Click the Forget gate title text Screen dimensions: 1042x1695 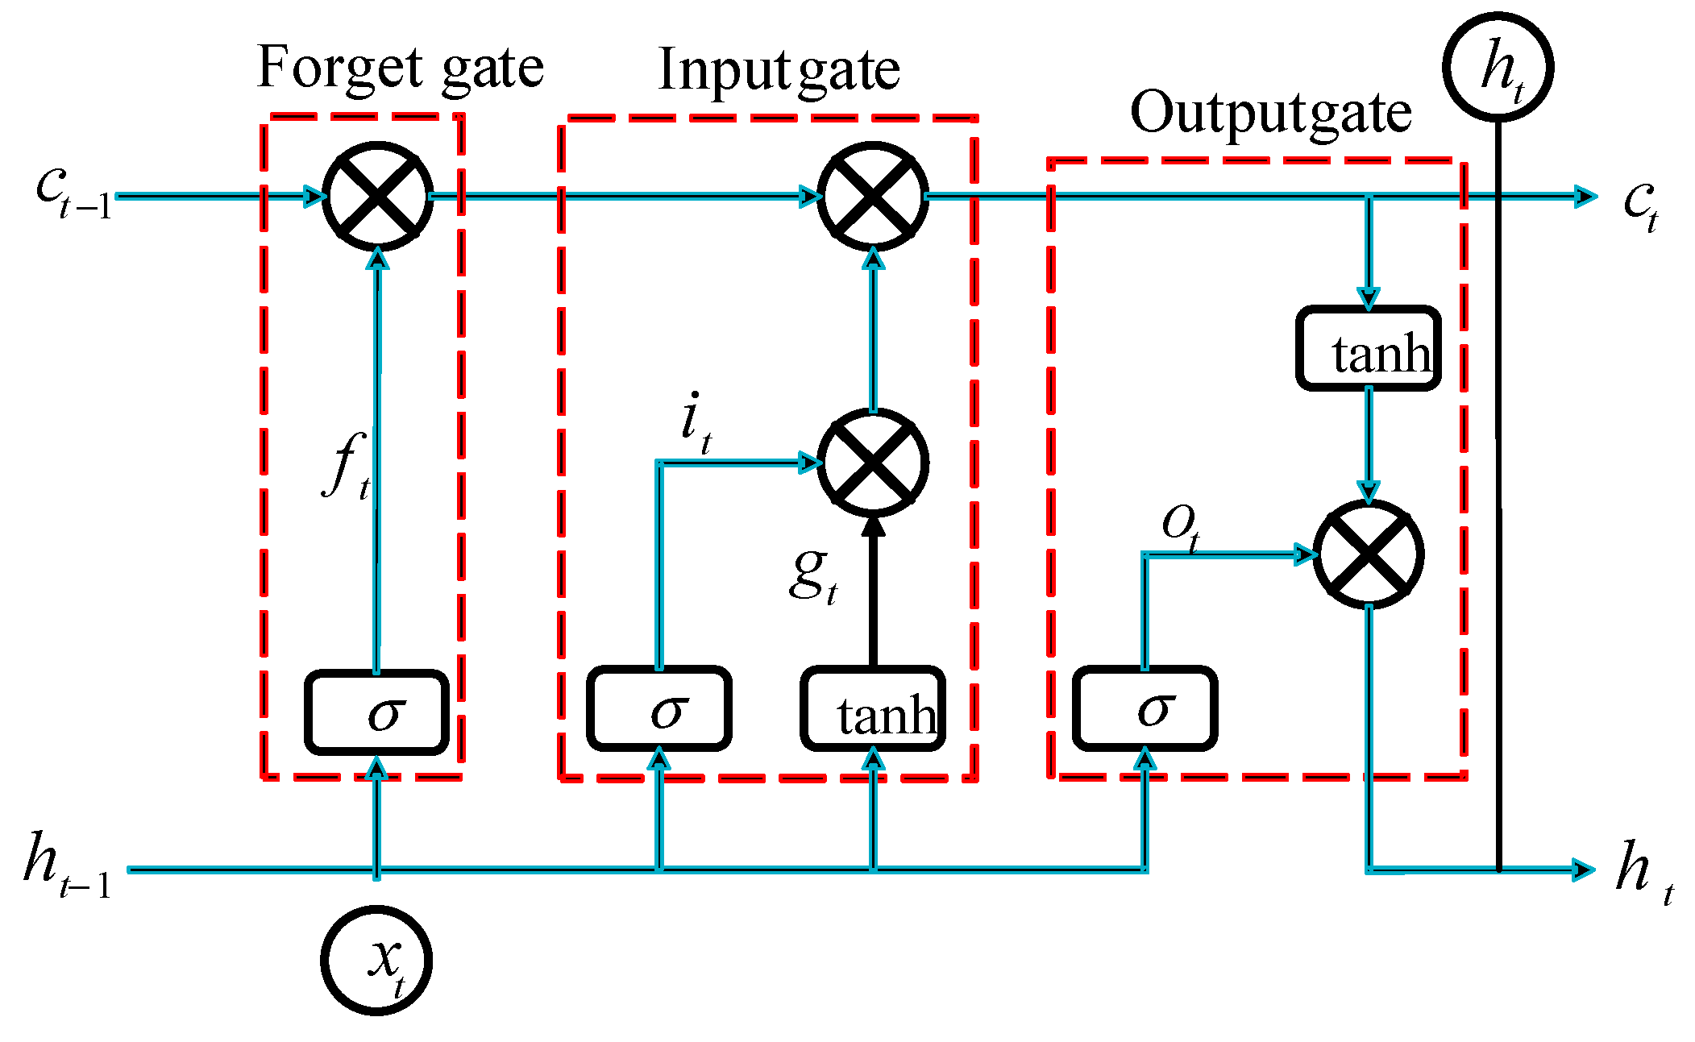(400, 68)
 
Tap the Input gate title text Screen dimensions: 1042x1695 (778, 71)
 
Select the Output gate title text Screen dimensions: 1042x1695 (1270, 113)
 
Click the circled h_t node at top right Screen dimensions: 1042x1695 (1498, 67)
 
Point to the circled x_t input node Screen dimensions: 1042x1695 (376, 960)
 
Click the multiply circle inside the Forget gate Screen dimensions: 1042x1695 (377, 196)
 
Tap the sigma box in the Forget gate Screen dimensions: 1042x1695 (376, 712)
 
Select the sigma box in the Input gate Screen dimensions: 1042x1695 (659, 709)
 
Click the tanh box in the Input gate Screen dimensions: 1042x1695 (873, 709)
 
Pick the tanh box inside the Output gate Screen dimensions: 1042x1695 (1368, 349)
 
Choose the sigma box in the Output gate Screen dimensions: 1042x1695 (1145, 709)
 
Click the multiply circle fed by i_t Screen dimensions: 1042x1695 (873, 463)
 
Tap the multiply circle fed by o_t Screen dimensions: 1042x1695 (1368, 554)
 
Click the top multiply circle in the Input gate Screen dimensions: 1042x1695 (873, 196)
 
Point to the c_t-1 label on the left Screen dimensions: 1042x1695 (73, 193)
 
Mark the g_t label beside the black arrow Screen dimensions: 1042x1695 (812, 575)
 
